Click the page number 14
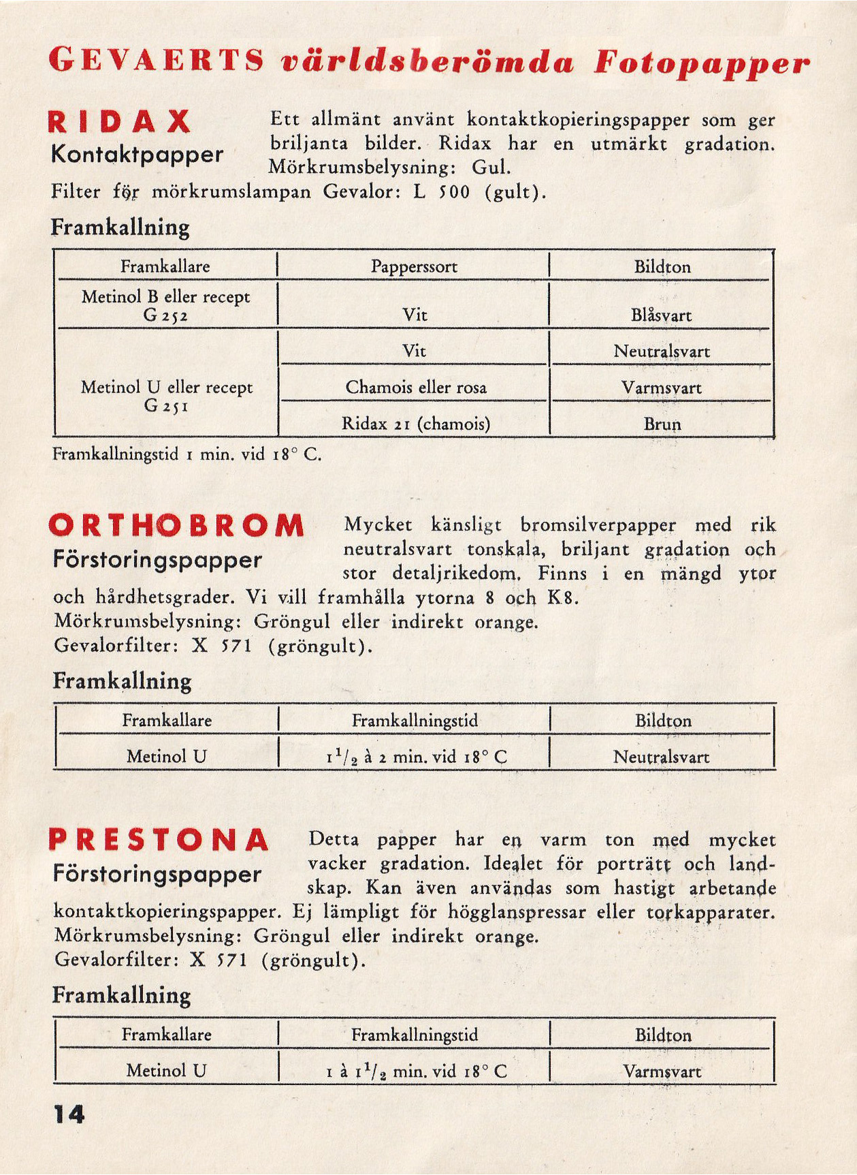click(x=69, y=1114)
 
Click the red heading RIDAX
click(x=120, y=122)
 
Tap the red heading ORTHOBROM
click(x=176, y=525)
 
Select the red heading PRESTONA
click(x=159, y=840)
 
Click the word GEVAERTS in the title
click(x=157, y=61)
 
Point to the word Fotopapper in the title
click(x=702, y=63)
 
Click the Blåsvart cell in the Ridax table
click(x=661, y=315)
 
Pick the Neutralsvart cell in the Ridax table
click(x=661, y=351)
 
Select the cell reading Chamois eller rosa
click(x=415, y=388)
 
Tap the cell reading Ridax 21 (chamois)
click(x=415, y=424)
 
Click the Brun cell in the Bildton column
click(x=662, y=424)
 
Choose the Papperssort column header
click(x=414, y=266)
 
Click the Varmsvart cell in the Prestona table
click(x=662, y=1071)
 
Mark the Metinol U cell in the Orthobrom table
click(x=166, y=756)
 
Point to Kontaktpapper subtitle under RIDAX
click(x=137, y=155)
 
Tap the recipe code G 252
click(x=165, y=315)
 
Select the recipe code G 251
click(x=166, y=406)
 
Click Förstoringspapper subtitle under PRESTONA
click(x=157, y=874)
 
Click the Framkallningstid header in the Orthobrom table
click(x=415, y=720)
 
